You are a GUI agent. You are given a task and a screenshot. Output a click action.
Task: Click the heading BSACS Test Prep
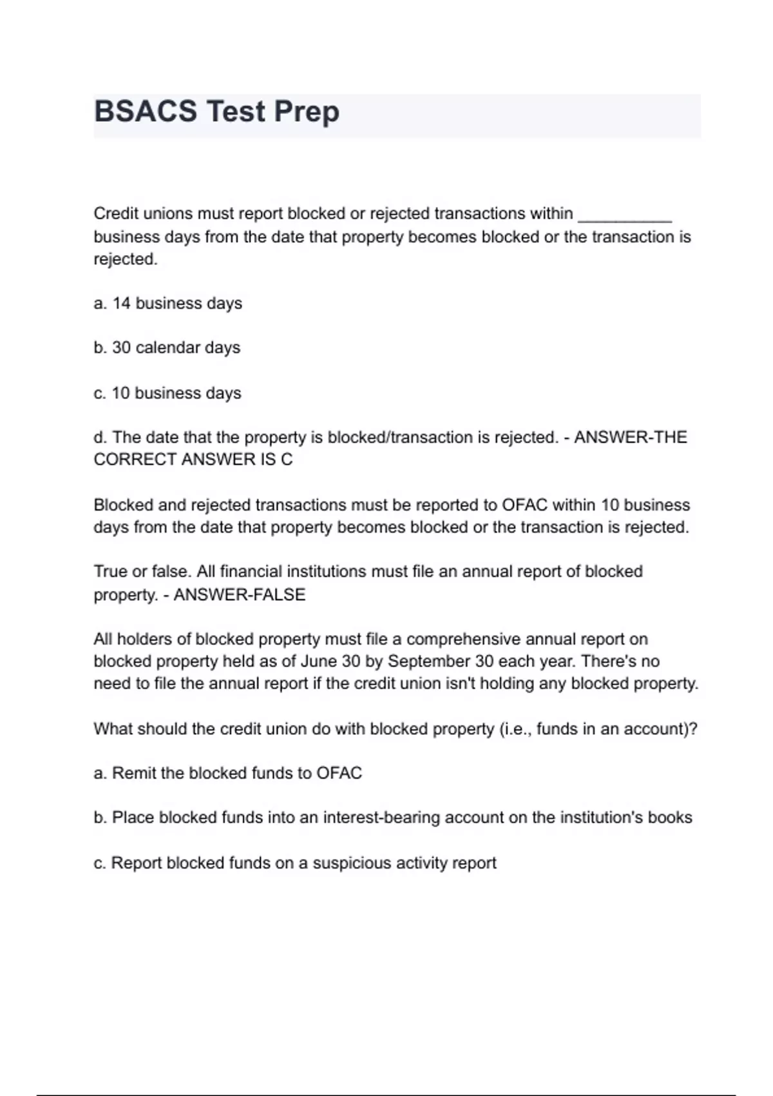[x=216, y=112]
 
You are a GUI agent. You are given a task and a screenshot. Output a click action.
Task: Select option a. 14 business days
[x=167, y=304]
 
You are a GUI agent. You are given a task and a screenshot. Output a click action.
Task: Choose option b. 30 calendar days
[x=167, y=348]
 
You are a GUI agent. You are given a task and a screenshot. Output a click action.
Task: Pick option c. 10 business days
[x=167, y=393]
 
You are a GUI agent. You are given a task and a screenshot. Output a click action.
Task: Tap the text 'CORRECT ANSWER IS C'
[x=193, y=460]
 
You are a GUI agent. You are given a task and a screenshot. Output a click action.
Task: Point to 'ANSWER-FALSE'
[x=240, y=594]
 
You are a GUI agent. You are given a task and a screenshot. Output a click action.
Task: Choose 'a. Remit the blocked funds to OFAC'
[x=228, y=773]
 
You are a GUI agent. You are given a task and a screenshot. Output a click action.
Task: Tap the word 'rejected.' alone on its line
[x=126, y=260]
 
